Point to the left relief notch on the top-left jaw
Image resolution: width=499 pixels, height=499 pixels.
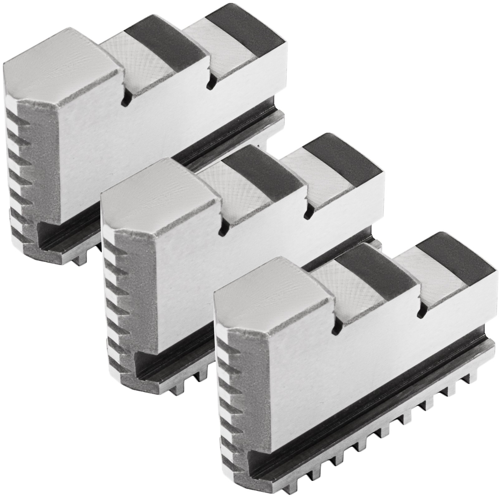125,100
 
